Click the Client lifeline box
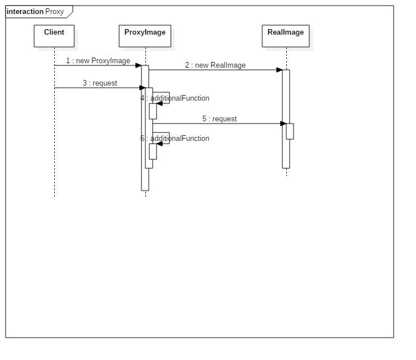[54, 36]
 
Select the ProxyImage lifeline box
[145, 36]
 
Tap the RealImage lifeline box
[286, 36]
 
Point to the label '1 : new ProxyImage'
[98, 61]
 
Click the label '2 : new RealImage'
[215, 65]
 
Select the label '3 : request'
[100, 83]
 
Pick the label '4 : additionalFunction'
[175, 98]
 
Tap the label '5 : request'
[219, 119]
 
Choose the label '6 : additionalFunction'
[175, 139]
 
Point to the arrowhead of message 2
[279, 70]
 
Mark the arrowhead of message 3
[142, 88]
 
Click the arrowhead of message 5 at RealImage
[283, 124]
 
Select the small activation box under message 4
[153, 111]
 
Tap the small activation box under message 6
[153, 151]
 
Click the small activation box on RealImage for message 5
[290, 131]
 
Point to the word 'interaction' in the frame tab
[25, 12]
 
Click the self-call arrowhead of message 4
[159, 103]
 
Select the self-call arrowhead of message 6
[159, 144]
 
